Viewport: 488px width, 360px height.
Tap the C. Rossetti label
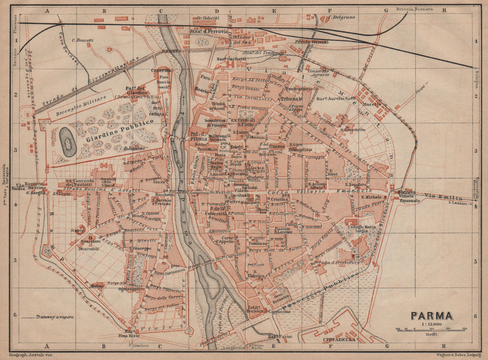pyautogui.click(x=82, y=40)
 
